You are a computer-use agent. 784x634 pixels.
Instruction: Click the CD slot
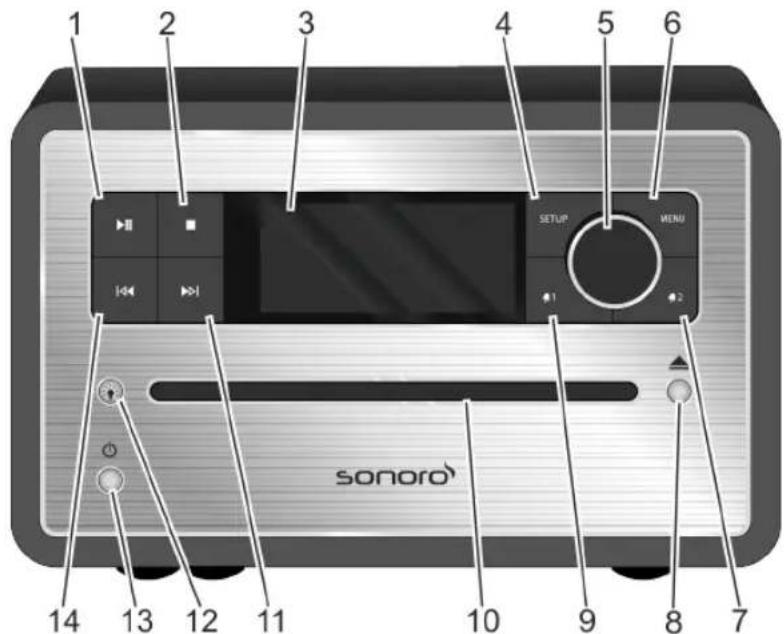pyautogui.click(x=392, y=389)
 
